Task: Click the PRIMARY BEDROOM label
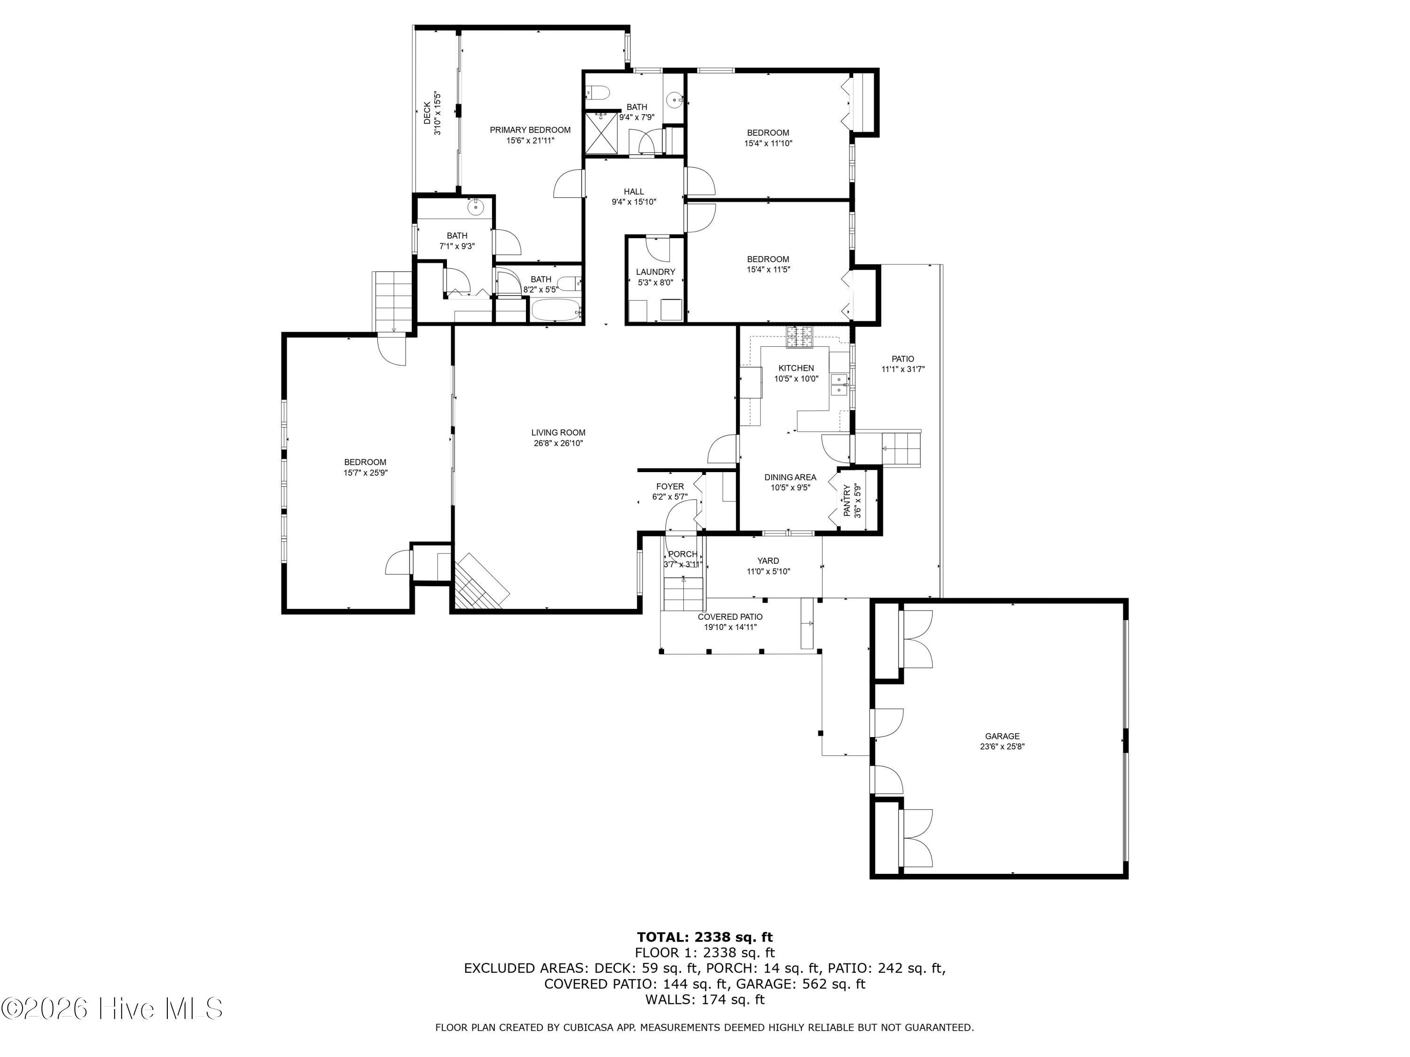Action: (530, 130)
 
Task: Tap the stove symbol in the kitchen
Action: (799, 337)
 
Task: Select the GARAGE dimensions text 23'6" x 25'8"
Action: (1002, 747)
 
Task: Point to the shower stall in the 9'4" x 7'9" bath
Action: (601, 132)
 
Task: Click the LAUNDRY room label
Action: (655, 272)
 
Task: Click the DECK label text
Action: (427, 113)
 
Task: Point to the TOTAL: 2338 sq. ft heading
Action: (705, 937)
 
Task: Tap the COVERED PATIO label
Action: (730, 617)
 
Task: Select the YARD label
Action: (768, 560)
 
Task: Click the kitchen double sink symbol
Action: (840, 385)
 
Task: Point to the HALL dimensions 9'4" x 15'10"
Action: (634, 202)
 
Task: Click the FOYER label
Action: (669, 486)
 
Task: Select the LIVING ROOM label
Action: (558, 433)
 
